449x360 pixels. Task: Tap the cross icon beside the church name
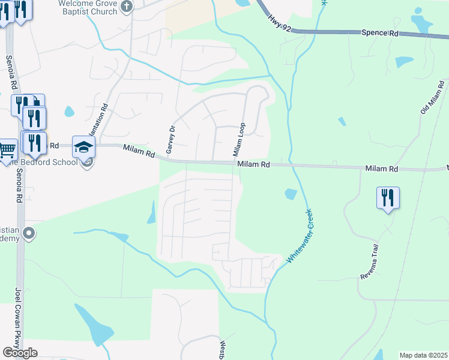click(127, 6)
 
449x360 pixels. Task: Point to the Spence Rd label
click(380, 33)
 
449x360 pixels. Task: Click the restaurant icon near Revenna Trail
click(388, 197)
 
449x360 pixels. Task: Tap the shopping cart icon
click(7, 149)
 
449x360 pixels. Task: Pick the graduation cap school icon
click(83, 146)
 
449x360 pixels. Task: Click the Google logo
click(20, 353)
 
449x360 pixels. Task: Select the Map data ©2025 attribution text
click(423, 355)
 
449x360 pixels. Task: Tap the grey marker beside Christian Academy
click(28, 233)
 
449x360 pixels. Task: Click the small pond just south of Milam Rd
click(291, 194)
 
